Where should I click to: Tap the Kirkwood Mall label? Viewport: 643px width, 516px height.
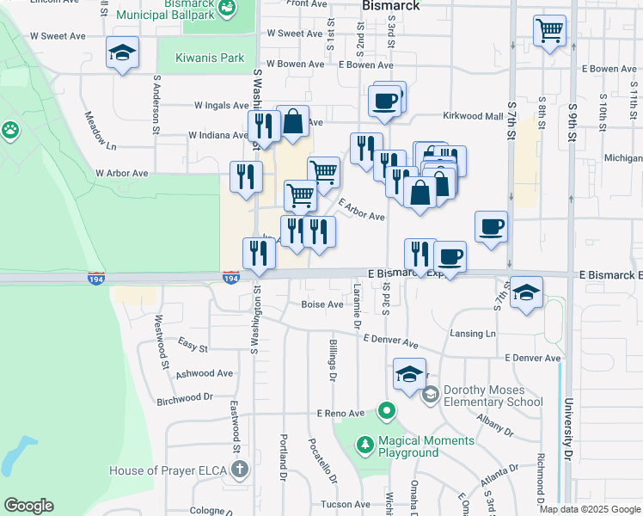pos(472,116)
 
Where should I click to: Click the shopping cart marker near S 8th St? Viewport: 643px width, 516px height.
pos(549,31)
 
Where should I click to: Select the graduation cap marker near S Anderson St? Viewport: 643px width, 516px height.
pos(122,54)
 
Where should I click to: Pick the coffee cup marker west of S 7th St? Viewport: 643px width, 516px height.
pos(490,227)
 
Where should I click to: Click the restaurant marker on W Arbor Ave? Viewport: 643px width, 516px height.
pos(247,176)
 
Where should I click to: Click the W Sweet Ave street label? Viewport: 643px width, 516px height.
pos(58,37)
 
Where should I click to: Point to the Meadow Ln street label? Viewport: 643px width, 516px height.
pos(100,128)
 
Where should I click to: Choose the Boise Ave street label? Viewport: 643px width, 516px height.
pos(321,304)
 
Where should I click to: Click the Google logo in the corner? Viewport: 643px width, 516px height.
pos(28,506)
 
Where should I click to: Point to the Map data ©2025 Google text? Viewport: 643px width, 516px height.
pos(589,509)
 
